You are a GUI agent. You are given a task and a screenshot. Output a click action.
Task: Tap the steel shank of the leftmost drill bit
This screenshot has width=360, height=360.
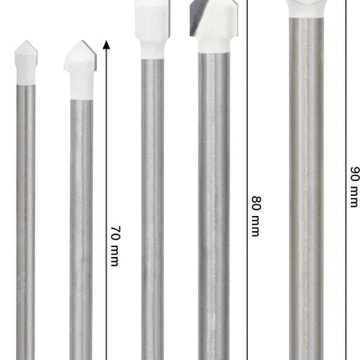click(26, 223)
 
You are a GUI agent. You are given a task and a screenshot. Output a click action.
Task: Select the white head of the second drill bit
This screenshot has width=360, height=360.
click(80, 70)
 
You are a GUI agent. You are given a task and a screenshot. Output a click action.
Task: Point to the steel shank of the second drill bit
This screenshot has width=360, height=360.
click(81, 229)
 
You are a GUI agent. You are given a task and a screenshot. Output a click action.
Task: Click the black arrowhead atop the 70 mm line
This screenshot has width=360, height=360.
click(106, 44)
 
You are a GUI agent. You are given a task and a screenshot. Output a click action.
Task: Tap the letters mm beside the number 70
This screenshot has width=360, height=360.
click(115, 255)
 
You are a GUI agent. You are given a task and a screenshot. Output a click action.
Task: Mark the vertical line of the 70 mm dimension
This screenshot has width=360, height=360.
click(106, 200)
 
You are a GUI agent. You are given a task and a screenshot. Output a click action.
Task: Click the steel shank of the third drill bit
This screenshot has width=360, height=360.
click(152, 209)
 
